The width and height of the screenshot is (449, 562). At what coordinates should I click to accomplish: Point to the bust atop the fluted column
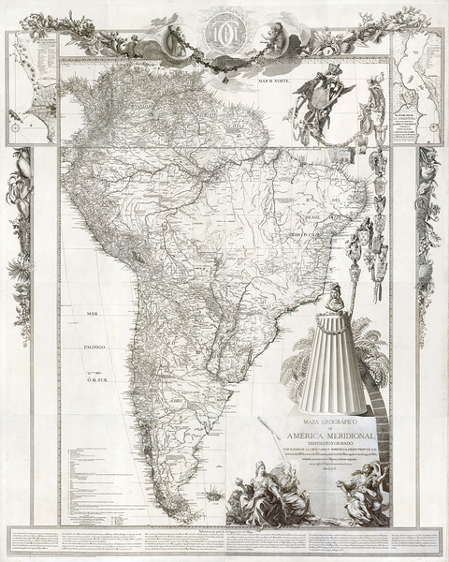pyautogui.click(x=331, y=297)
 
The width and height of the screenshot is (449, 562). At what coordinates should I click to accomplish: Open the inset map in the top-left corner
pyautogui.click(x=32, y=89)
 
